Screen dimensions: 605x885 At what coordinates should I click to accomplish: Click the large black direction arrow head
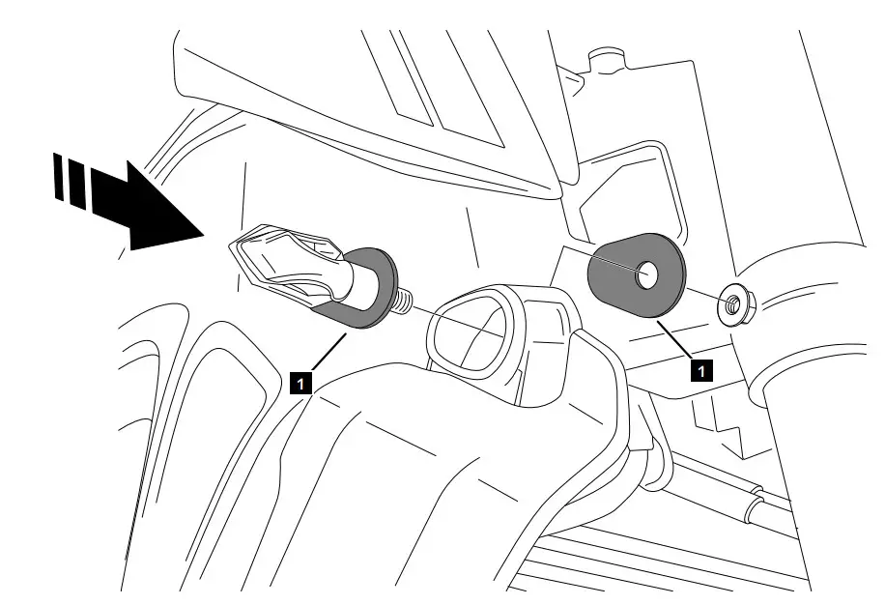(x=159, y=213)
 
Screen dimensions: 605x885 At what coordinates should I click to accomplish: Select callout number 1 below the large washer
(x=703, y=368)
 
